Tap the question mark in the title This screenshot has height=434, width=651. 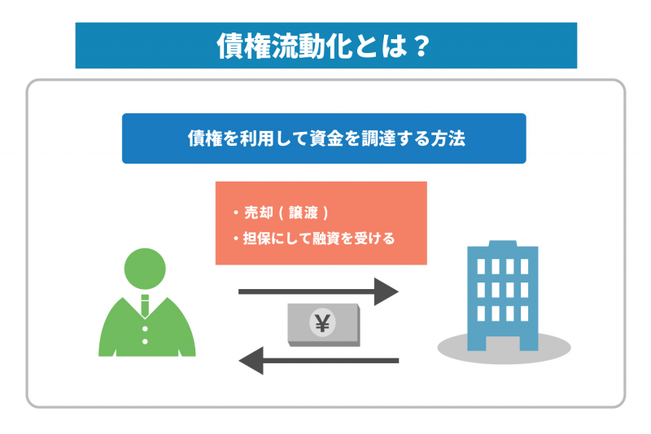(x=420, y=45)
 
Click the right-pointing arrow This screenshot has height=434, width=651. (x=317, y=291)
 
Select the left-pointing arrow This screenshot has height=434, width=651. (x=317, y=359)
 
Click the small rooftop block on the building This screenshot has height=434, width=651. (x=502, y=243)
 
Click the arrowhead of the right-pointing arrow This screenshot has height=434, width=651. (x=386, y=291)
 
